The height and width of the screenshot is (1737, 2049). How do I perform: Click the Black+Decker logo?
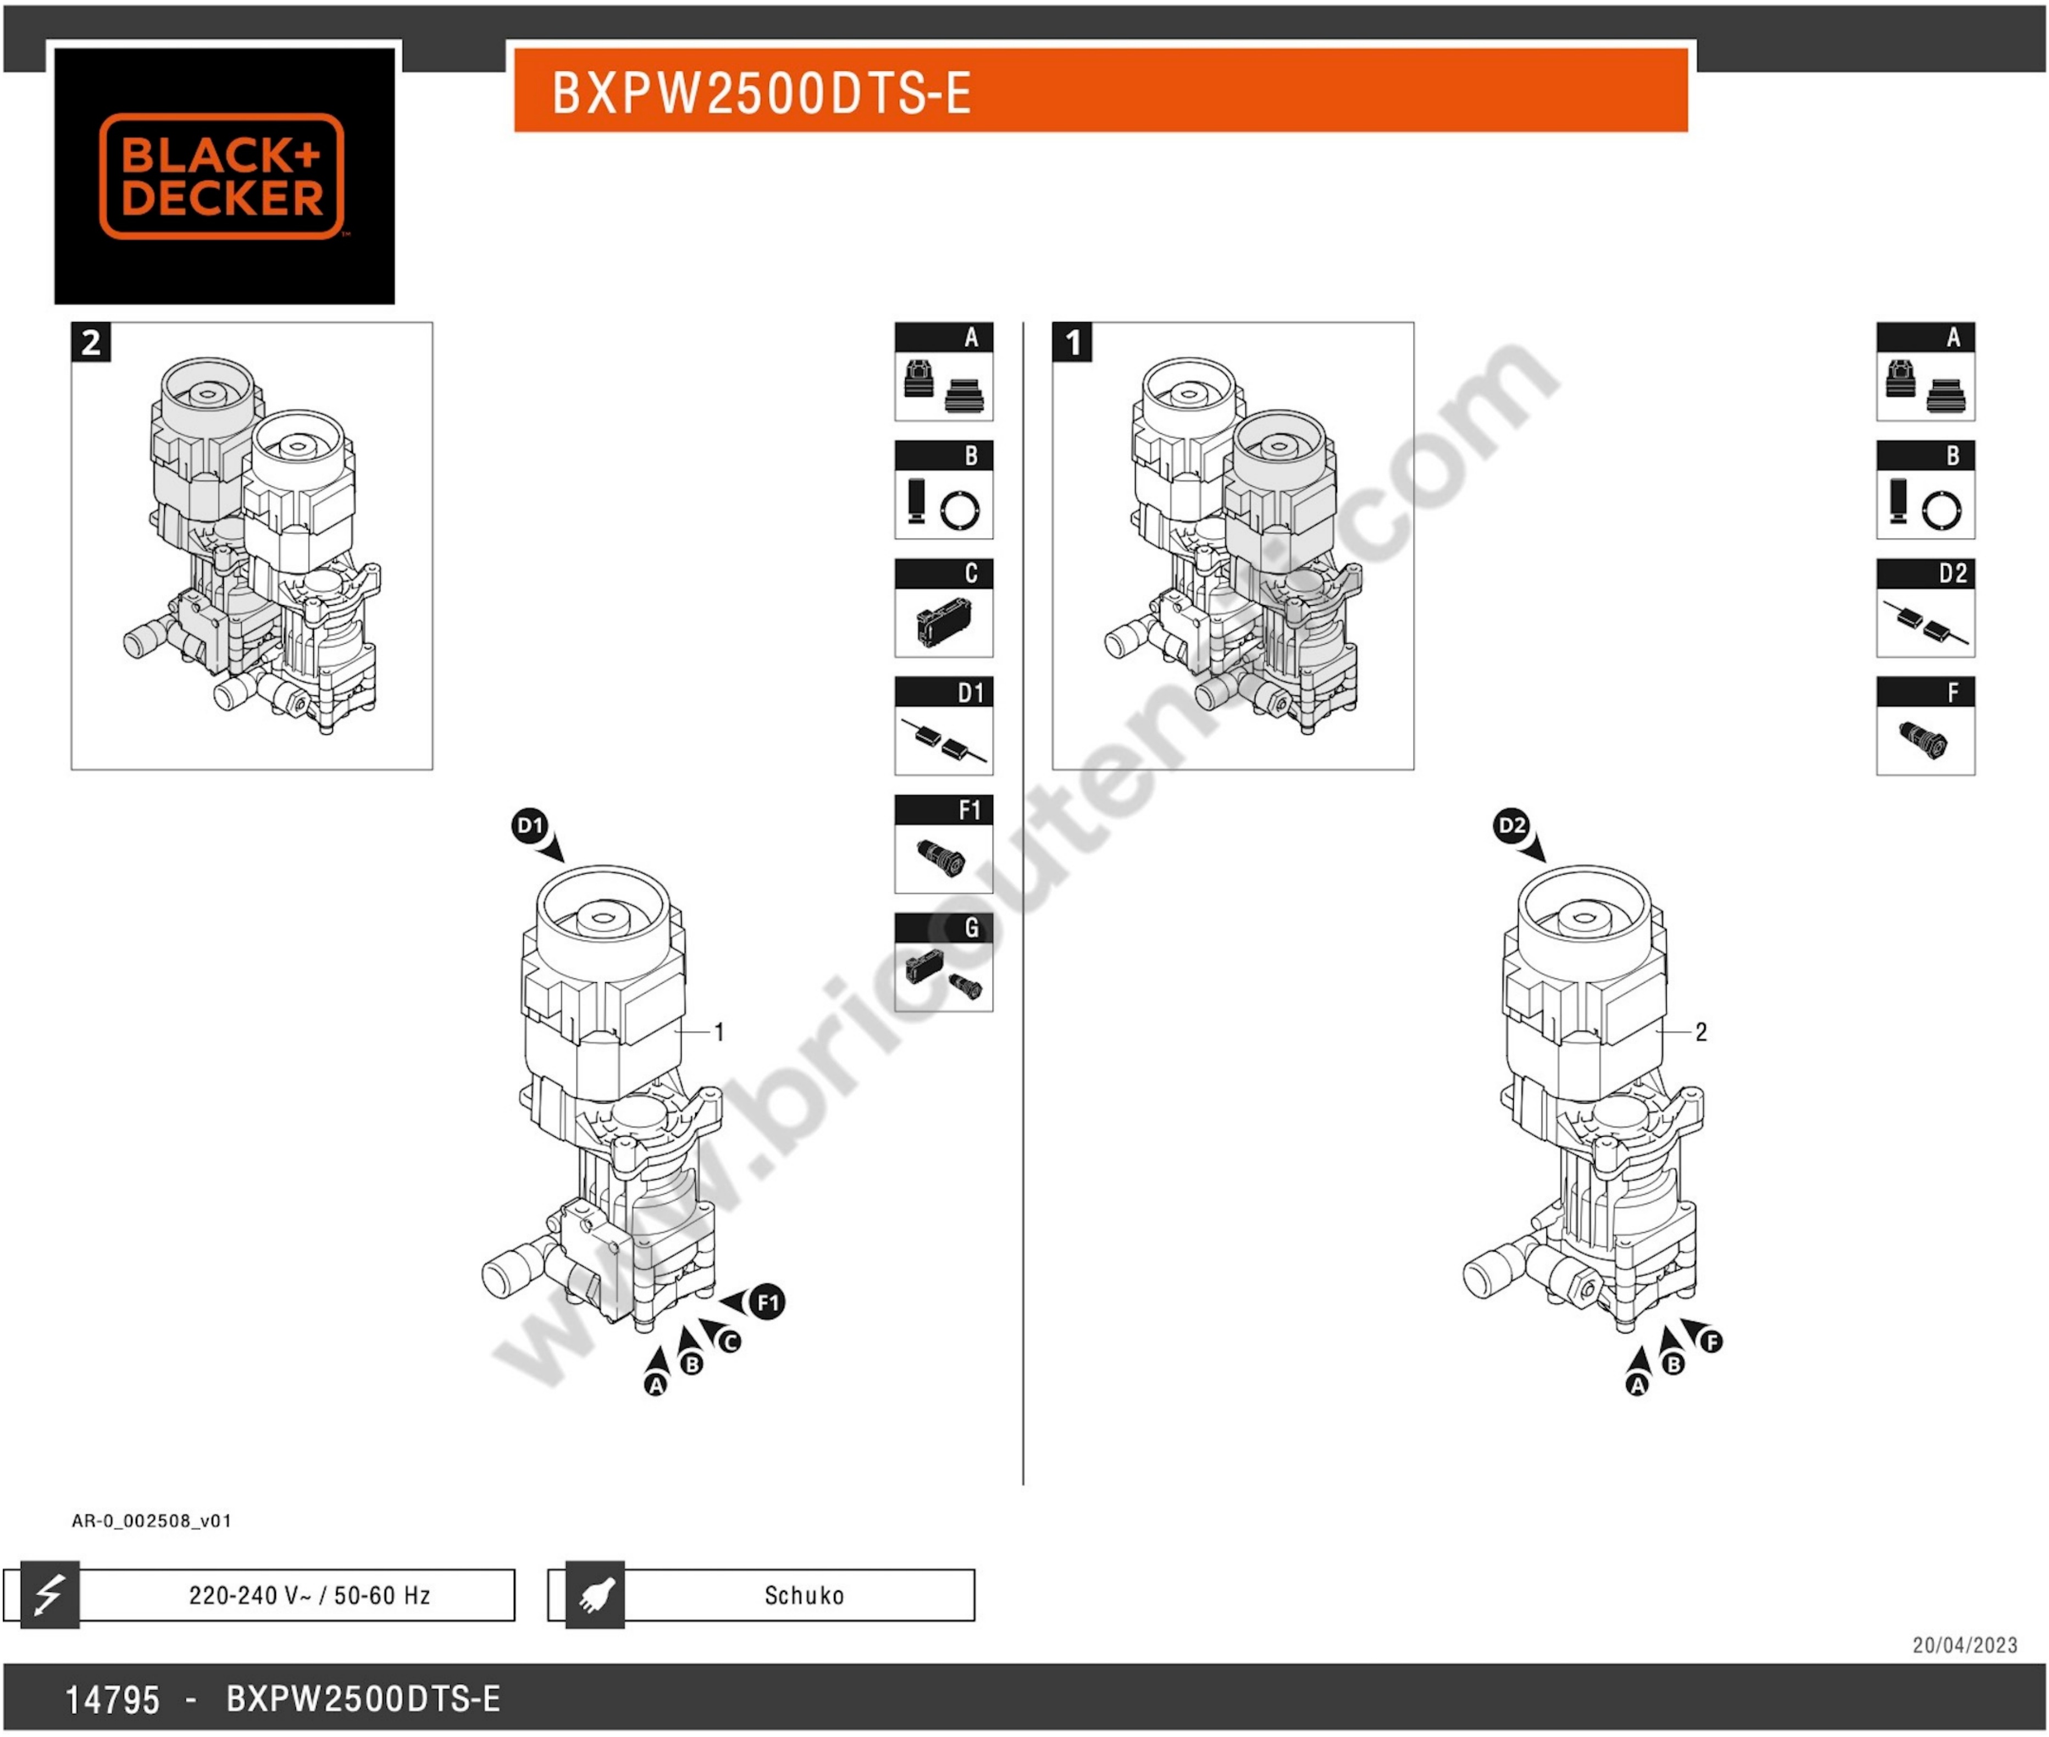pyautogui.click(x=223, y=176)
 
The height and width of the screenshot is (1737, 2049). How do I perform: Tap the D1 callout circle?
pyautogui.click(x=530, y=825)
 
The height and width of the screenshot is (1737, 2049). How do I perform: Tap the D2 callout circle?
pyautogui.click(x=1511, y=825)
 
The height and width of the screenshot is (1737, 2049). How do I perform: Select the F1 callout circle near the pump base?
pyautogui.click(x=768, y=1302)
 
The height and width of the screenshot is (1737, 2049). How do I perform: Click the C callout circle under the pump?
pyautogui.click(x=729, y=1341)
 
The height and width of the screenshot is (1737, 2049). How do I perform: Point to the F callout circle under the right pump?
pyautogui.click(x=1712, y=1341)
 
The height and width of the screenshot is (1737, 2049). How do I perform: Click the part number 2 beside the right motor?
pyautogui.click(x=1701, y=1032)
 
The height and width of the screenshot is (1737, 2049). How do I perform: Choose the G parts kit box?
pyautogui.click(x=943, y=962)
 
